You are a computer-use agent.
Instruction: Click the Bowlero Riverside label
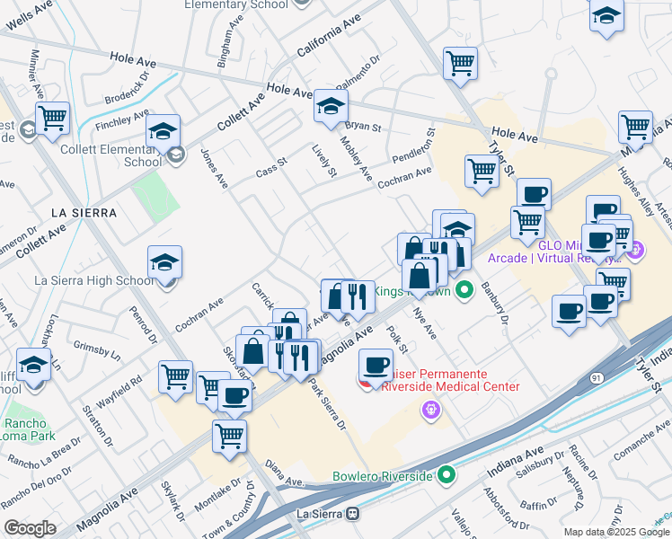(x=383, y=475)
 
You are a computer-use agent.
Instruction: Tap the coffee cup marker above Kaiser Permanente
(x=376, y=366)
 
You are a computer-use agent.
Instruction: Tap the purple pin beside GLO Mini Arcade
(x=636, y=252)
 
